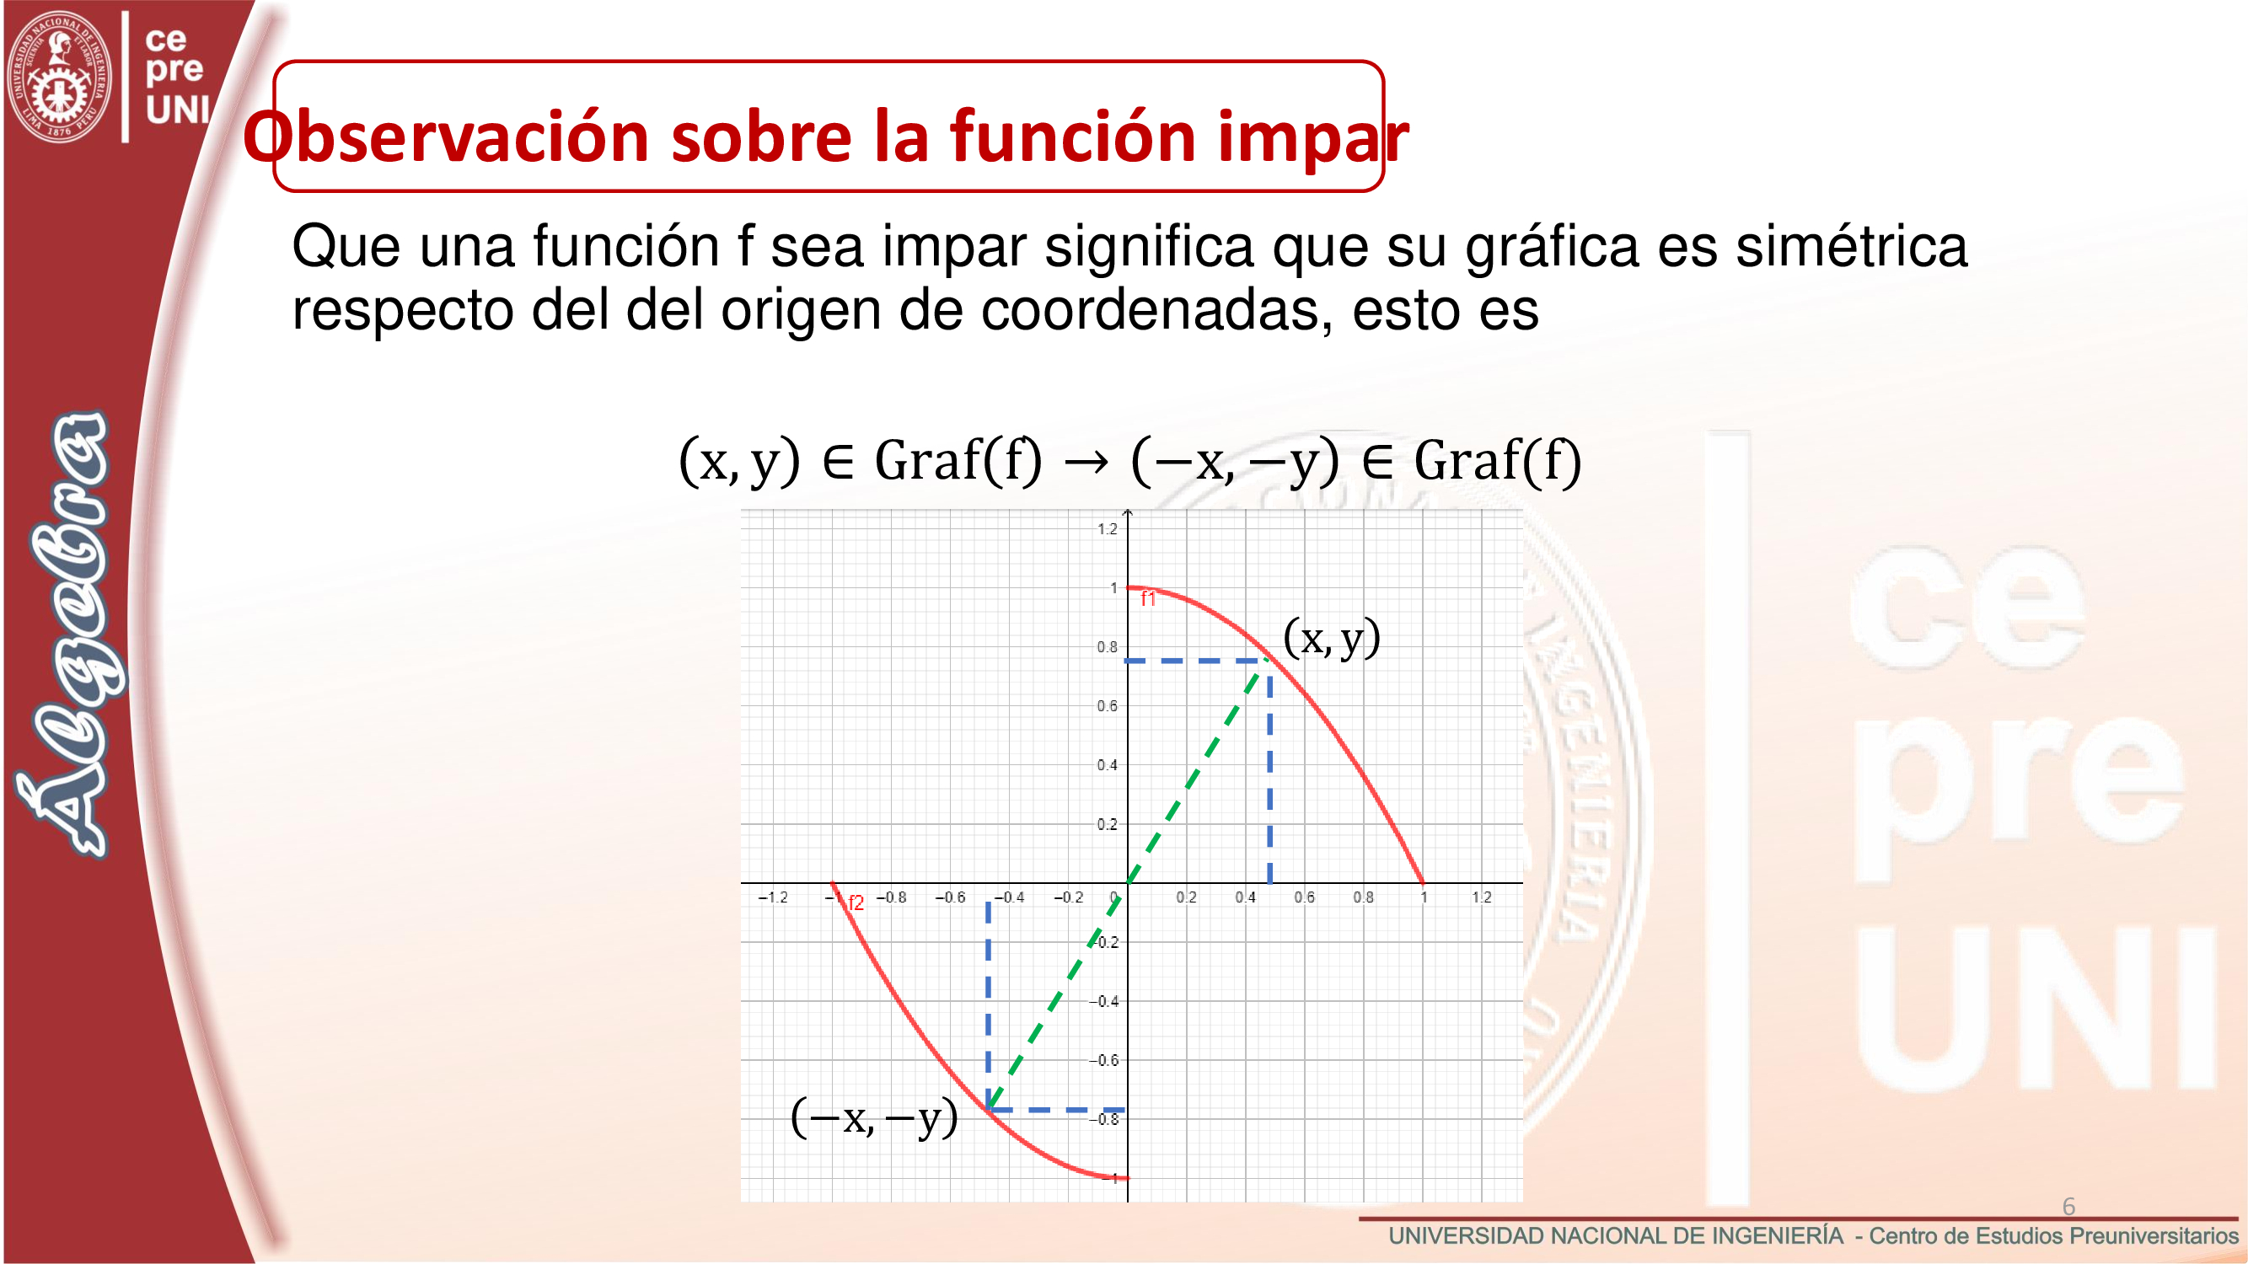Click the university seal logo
click(59, 77)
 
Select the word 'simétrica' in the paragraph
click(1851, 246)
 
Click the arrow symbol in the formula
click(1086, 462)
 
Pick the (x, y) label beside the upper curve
click(1332, 638)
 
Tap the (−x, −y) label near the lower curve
click(873, 1117)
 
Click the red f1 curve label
click(1148, 599)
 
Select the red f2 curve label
click(856, 903)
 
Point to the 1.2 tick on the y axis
click(1107, 529)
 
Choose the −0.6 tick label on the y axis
click(1103, 1061)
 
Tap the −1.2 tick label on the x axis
click(772, 897)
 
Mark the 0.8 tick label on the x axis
click(1363, 897)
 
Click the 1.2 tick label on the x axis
click(1482, 897)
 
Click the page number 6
click(2068, 1207)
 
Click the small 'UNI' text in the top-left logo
click(178, 110)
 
